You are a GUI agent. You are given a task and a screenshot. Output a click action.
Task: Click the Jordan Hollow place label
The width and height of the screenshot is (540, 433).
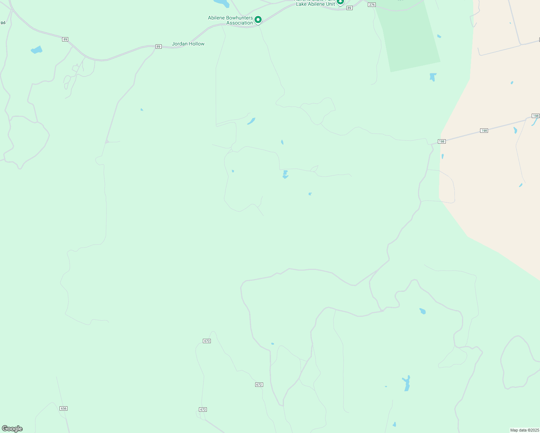click(x=188, y=44)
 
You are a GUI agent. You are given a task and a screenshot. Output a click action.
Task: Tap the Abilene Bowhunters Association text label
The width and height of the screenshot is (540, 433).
click(x=230, y=20)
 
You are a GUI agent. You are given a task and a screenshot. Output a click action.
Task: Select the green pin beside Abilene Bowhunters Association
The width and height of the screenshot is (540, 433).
click(x=258, y=20)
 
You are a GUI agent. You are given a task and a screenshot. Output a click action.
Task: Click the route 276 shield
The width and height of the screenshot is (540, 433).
click(x=372, y=5)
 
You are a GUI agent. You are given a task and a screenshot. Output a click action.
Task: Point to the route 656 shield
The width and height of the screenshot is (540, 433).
click(x=64, y=408)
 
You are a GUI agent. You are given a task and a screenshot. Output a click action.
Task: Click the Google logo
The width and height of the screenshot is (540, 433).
click(x=12, y=429)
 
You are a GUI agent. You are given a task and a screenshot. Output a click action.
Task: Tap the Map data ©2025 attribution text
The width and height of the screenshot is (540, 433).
click(x=524, y=430)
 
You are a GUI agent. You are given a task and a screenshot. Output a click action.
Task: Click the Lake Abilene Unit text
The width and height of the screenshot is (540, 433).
click(x=315, y=4)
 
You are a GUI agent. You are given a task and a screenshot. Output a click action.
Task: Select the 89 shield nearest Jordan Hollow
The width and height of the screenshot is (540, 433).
click(x=158, y=47)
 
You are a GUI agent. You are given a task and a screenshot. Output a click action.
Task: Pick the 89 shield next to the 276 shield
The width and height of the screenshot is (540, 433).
click(x=349, y=8)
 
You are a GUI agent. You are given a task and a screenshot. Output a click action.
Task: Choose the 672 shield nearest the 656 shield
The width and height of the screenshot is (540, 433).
click(x=203, y=410)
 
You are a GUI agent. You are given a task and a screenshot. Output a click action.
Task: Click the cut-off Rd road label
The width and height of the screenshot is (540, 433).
click(x=3, y=23)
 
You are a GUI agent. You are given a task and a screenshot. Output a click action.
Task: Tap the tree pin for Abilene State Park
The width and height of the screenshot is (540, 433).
click(x=340, y=2)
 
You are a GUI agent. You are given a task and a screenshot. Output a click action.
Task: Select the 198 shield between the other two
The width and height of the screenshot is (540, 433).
click(x=484, y=131)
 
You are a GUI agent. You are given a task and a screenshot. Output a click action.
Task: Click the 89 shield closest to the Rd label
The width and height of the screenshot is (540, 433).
click(x=65, y=39)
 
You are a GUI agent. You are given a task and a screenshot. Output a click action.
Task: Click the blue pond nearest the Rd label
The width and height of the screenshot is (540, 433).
click(x=37, y=50)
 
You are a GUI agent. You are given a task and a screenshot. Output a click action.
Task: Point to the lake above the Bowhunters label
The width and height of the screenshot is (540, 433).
click(x=221, y=3)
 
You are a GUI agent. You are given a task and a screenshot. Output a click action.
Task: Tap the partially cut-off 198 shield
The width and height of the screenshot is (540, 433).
click(x=536, y=116)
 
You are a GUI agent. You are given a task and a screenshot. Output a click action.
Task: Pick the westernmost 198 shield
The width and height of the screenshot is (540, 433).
click(x=442, y=141)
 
